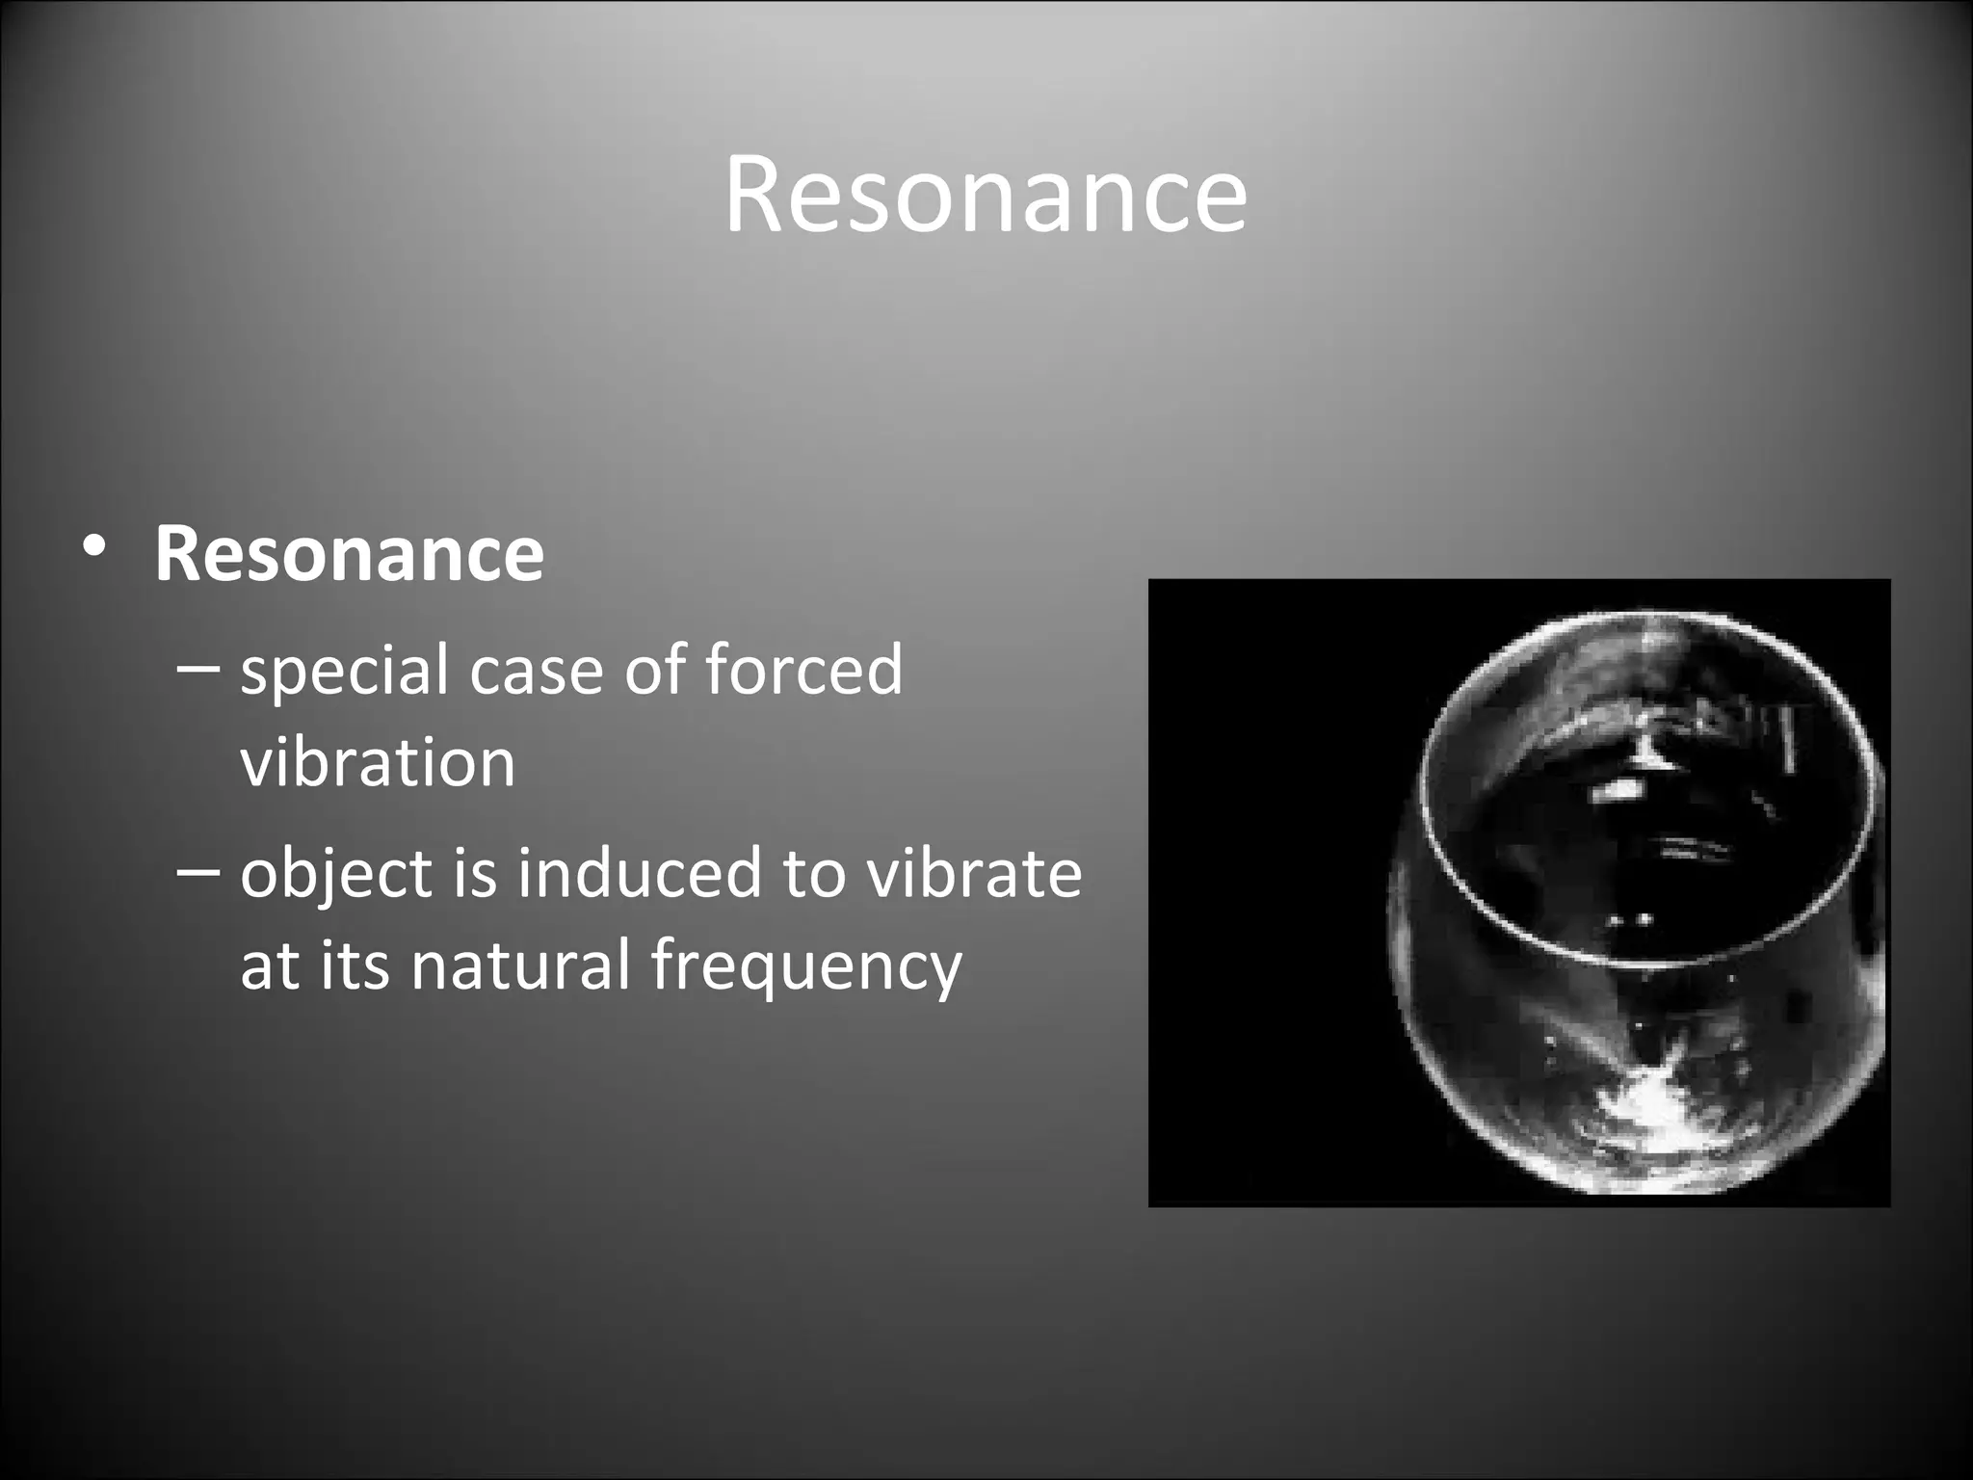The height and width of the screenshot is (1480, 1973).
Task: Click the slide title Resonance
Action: [986, 196]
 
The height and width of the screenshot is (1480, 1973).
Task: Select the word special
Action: [344, 672]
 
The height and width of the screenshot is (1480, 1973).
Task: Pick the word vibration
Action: [378, 762]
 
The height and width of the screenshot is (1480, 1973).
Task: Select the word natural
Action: [520, 965]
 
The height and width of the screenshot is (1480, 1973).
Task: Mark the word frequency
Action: [805, 966]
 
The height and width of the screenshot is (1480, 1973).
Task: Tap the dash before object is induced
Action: [200, 870]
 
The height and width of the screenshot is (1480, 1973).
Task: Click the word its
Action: [355, 965]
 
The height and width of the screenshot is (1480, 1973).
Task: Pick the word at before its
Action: [269, 965]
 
